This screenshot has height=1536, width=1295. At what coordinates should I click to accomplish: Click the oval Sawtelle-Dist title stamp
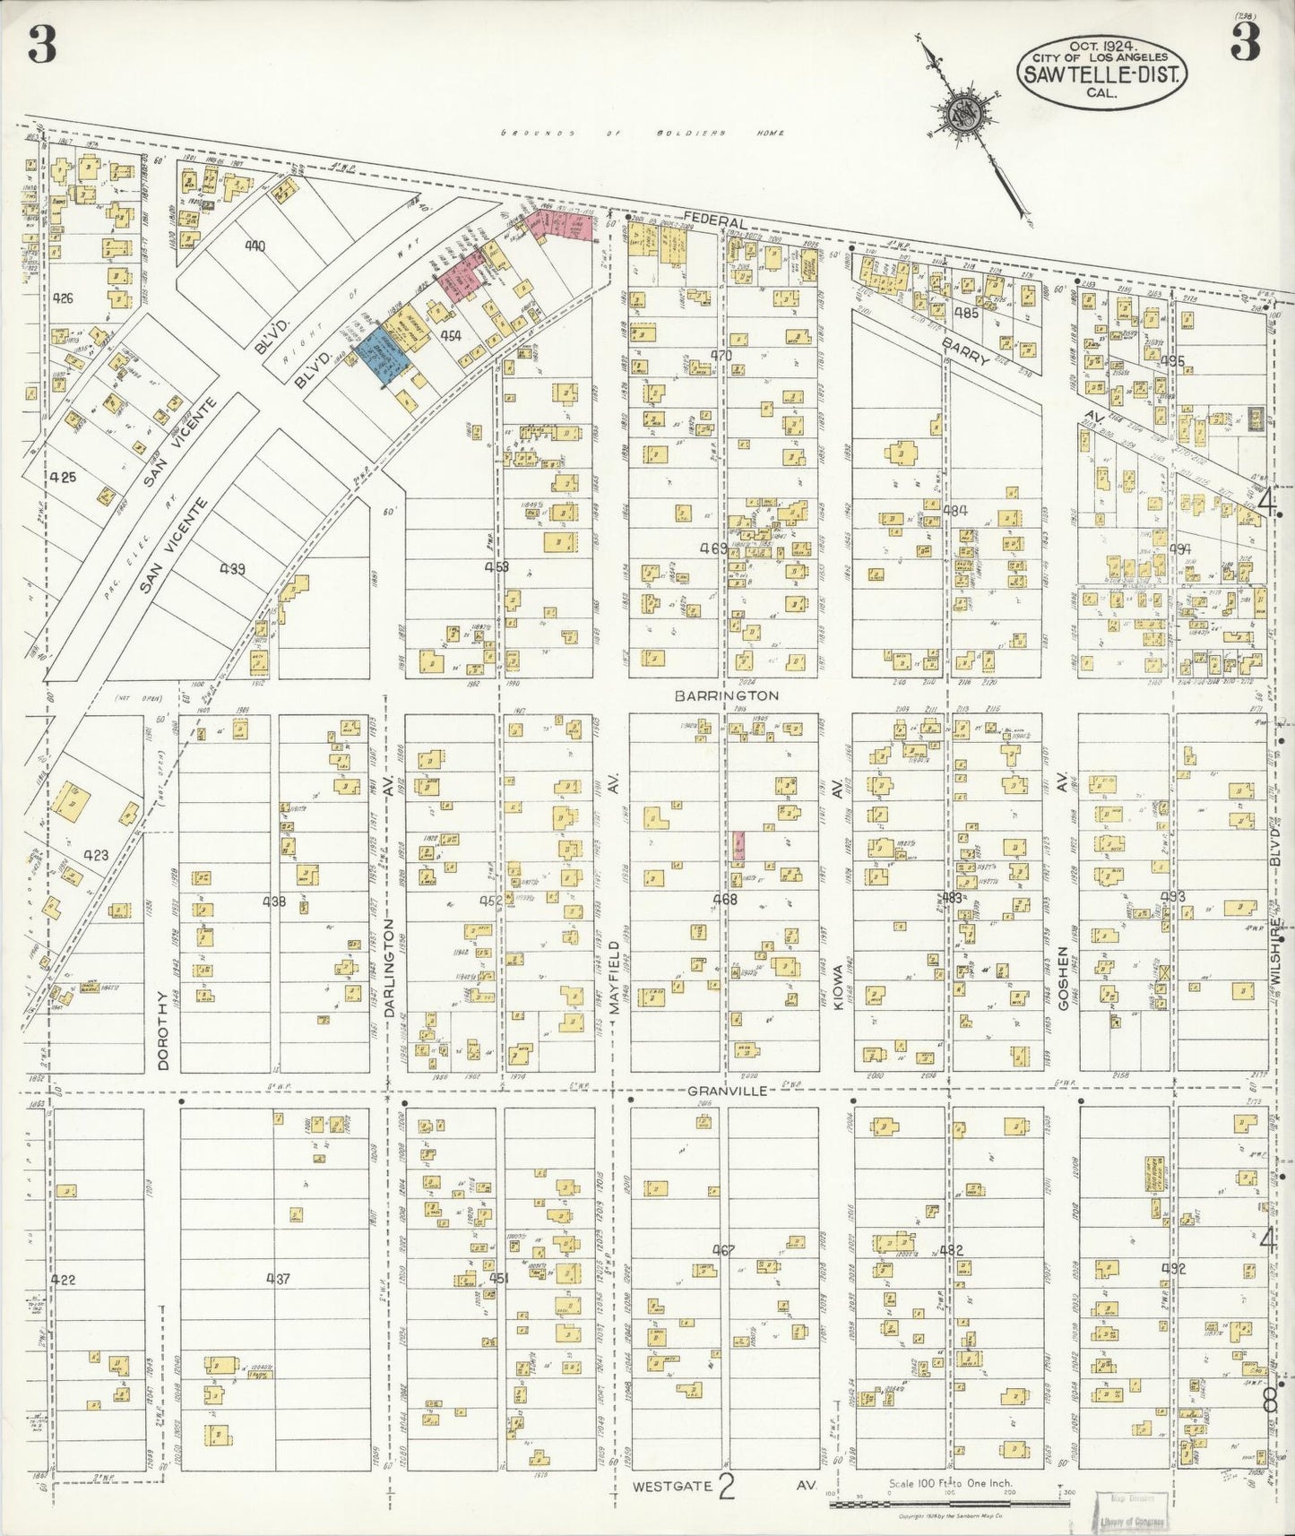click(1101, 65)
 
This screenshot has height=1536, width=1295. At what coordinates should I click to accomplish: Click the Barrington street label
click(727, 695)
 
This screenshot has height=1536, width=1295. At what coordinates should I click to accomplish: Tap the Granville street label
click(727, 1091)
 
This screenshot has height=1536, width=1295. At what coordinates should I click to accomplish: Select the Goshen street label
click(1063, 979)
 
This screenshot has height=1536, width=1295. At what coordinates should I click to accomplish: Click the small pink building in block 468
click(738, 845)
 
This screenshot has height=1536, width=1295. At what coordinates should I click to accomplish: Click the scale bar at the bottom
click(950, 1501)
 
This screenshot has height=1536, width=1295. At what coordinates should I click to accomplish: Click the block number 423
click(95, 855)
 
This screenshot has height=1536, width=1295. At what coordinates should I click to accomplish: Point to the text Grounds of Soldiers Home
click(642, 134)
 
